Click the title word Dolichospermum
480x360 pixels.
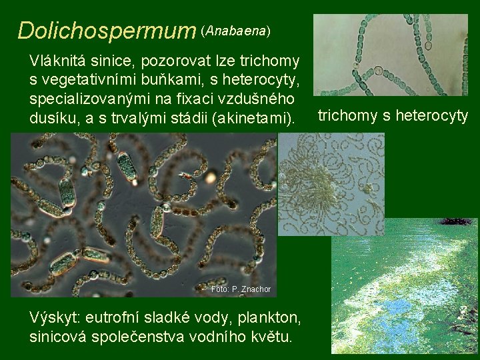click(107, 31)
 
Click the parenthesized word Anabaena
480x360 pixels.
click(237, 31)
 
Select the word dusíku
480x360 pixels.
click(53, 119)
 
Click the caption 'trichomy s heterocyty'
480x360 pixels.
click(393, 116)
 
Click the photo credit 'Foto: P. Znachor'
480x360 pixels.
click(241, 289)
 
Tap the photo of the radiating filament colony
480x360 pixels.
click(331, 183)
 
